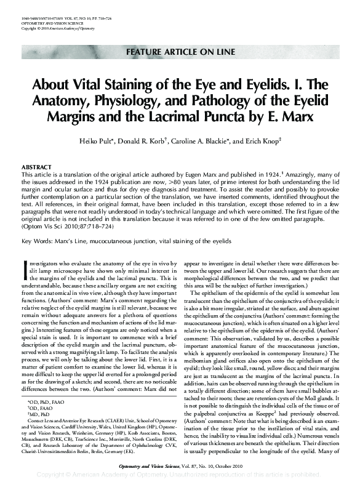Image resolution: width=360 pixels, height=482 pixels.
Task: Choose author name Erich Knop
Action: click(268, 140)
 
